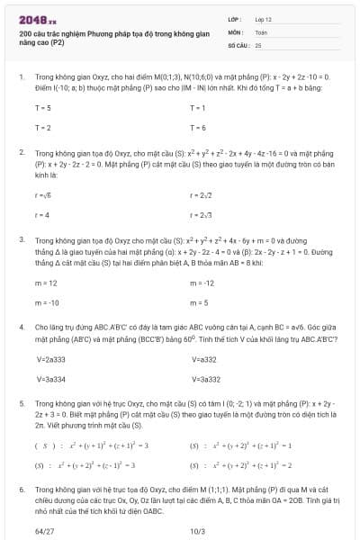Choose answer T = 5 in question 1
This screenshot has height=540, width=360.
[x=42, y=108]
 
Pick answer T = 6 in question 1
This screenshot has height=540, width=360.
[x=198, y=128]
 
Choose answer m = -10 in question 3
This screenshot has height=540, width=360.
[x=47, y=302]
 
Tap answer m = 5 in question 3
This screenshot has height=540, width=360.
[x=199, y=302]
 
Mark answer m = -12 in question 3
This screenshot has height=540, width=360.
[x=202, y=283]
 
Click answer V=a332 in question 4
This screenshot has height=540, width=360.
[x=204, y=359]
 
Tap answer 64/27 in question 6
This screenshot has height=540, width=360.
[x=44, y=531]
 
